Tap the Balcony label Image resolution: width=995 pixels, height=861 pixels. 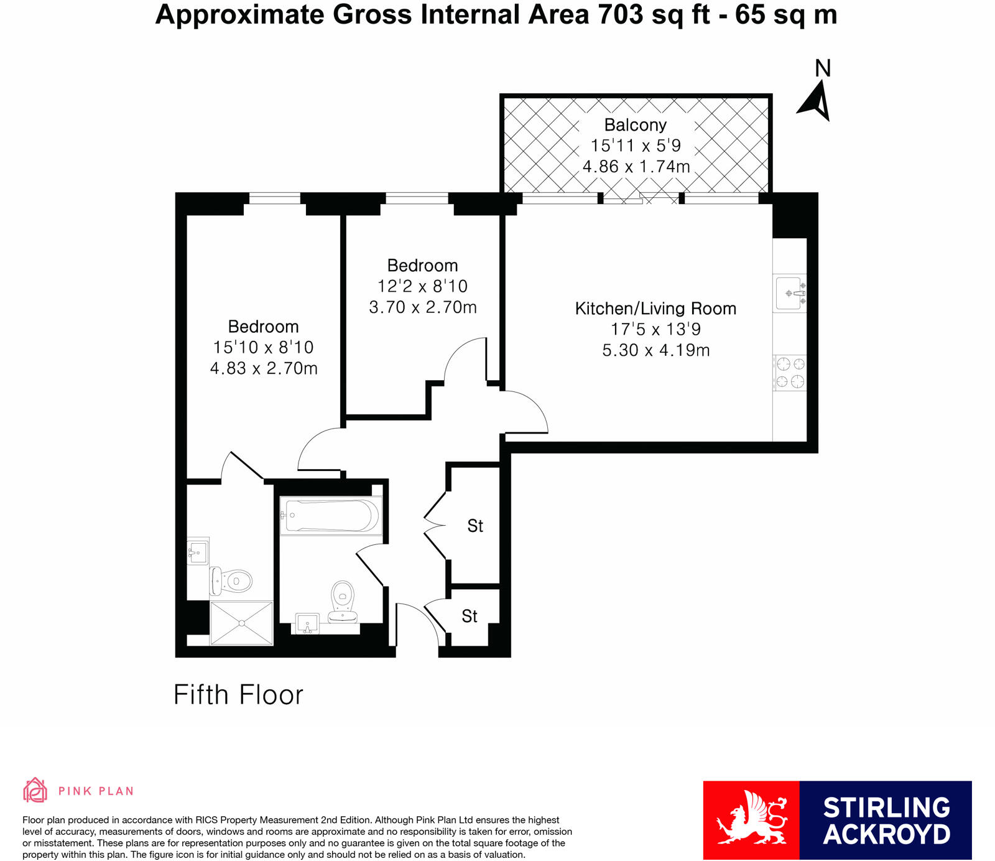click(635, 125)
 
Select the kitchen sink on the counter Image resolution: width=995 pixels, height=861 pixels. click(790, 293)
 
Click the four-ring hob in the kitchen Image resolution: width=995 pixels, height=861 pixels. click(790, 372)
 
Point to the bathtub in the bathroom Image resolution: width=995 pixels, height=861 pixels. click(330, 515)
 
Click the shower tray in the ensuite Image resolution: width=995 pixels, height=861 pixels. click(241, 623)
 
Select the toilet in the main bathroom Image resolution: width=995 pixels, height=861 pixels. click(343, 600)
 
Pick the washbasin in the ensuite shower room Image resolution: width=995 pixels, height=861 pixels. click(198, 551)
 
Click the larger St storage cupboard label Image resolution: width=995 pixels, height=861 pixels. click(475, 526)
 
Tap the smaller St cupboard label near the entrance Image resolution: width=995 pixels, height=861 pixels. click(470, 617)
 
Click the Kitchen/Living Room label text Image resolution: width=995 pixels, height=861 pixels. click(655, 309)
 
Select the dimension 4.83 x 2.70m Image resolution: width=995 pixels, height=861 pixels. click(264, 368)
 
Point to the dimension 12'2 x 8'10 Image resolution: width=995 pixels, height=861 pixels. click(422, 286)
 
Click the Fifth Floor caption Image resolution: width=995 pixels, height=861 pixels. click(238, 695)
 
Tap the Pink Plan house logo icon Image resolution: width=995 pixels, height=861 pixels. click(35, 790)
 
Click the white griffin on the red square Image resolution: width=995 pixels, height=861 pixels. click(751, 820)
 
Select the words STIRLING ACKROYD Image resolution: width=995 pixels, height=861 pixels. click(886, 821)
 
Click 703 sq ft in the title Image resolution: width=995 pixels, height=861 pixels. click(654, 14)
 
